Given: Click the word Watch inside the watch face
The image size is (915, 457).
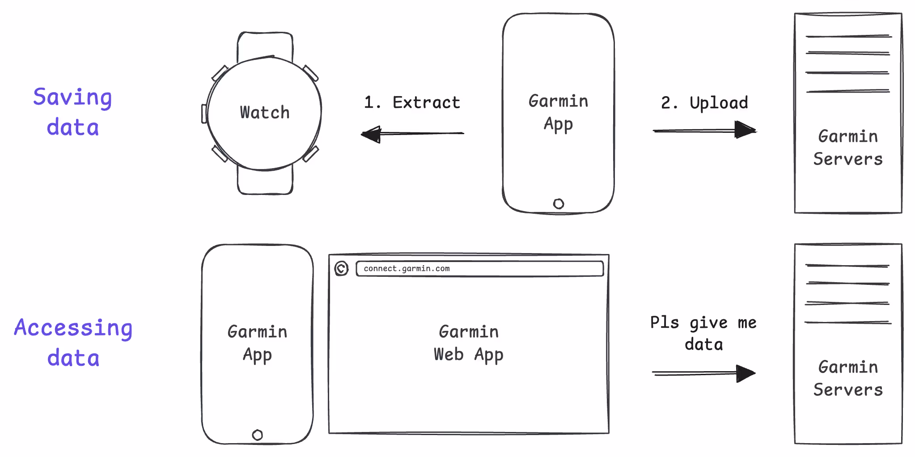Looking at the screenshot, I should pos(265,112).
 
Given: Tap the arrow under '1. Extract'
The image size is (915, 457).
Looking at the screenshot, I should pos(412,133).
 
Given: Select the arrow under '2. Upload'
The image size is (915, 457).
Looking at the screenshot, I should pos(704,130).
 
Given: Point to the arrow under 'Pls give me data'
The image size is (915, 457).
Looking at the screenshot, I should pos(703,372).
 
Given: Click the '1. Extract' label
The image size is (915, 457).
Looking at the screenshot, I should pos(412,102).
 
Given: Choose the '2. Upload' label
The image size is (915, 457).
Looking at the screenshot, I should pos(704,103).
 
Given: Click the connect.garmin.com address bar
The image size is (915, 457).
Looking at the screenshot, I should pos(479,268).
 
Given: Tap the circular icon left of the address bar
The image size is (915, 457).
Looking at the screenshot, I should pos(341,268).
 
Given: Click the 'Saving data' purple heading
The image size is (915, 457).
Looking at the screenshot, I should pos(72,112).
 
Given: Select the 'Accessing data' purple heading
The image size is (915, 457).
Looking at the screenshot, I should pos(73,343).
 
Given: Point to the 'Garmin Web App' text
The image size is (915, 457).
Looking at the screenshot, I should pos(469,343).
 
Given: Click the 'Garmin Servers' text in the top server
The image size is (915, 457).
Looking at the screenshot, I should pos(848,148).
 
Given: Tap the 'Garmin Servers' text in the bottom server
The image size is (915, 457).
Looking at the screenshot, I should pos(848,378).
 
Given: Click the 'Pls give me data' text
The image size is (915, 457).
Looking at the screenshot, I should pos(703,333).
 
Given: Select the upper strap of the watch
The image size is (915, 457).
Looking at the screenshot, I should pos(265,45).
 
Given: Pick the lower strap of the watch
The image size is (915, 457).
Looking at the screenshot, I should pos(265,181).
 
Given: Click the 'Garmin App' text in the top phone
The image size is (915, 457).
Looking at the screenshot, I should pos(558,113).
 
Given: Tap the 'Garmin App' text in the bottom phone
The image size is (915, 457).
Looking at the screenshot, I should pos(257,343).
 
